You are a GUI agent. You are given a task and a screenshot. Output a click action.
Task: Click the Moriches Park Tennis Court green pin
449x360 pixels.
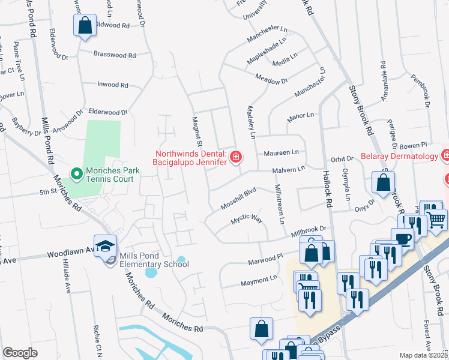click(x=76, y=175)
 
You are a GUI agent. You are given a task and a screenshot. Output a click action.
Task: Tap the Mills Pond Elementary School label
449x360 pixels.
click(x=154, y=260)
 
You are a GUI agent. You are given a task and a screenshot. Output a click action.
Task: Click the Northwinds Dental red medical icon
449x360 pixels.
click(x=236, y=157)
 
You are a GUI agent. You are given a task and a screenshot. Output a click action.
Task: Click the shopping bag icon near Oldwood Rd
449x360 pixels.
click(x=84, y=26)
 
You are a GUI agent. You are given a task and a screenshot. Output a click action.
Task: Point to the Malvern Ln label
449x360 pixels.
click(x=289, y=170)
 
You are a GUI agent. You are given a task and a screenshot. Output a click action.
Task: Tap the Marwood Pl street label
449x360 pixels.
click(x=265, y=260)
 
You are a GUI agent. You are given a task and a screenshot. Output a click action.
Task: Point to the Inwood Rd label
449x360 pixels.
click(x=113, y=85)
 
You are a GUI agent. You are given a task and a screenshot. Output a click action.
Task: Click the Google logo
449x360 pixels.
click(x=20, y=352)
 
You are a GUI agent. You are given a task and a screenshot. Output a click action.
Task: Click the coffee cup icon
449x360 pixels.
click(x=402, y=238)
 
